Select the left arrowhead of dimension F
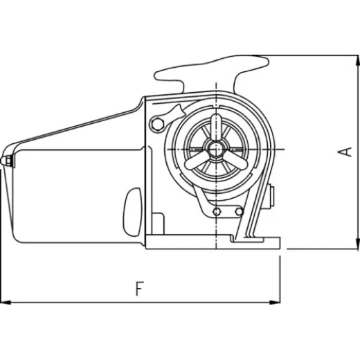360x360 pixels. [x=6, y=302]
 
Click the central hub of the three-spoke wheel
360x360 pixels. [x=216, y=148]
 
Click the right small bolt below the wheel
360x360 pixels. [x=238, y=211]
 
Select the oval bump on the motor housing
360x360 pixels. [x=134, y=210]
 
